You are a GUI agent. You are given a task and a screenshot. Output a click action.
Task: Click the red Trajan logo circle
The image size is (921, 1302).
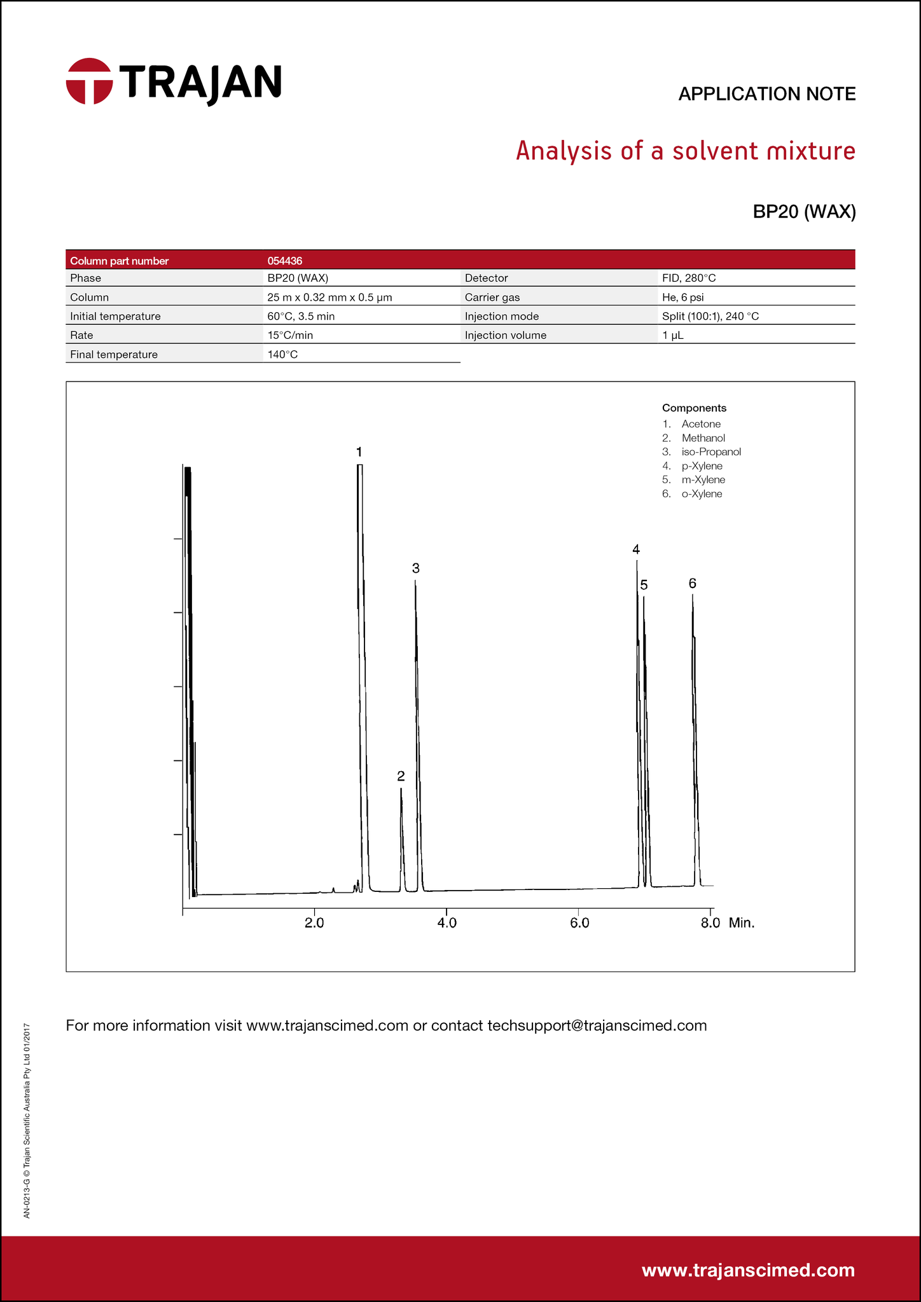tap(90, 81)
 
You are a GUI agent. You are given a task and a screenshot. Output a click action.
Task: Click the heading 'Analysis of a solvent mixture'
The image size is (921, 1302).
tap(685, 151)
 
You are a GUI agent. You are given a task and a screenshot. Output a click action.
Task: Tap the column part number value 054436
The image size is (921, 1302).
tap(285, 261)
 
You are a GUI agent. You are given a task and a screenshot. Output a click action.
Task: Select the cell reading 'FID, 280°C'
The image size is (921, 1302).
tap(689, 278)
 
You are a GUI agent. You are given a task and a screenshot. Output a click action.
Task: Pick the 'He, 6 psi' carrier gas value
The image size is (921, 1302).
tap(682, 298)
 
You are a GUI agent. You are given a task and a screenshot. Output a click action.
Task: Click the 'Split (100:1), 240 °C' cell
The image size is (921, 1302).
tap(710, 317)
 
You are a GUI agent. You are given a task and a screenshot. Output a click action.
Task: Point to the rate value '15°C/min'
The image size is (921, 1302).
tap(290, 336)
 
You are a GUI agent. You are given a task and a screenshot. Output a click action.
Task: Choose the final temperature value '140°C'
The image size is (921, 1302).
tap(282, 355)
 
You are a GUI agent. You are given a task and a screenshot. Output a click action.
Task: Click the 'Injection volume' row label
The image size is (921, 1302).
tap(505, 336)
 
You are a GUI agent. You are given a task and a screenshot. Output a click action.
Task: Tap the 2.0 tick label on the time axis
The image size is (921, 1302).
tap(314, 923)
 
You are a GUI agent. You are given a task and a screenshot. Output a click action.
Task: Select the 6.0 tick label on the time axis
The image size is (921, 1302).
tap(579, 923)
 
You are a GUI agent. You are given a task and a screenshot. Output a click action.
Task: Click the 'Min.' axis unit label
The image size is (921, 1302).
tap(742, 923)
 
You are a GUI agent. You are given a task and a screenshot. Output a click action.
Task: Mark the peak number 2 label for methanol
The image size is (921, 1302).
tap(401, 776)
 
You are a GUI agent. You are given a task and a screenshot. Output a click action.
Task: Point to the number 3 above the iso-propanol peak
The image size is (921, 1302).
tap(415, 568)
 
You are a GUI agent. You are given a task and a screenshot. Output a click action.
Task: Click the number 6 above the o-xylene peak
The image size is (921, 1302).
tap(693, 584)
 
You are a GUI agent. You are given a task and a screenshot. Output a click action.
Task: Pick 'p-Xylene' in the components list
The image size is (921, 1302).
tap(702, 466)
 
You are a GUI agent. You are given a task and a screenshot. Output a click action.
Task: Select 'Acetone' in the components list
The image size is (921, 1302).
tap(701, 424)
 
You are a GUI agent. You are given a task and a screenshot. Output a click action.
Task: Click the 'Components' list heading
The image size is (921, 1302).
tap(694, 408)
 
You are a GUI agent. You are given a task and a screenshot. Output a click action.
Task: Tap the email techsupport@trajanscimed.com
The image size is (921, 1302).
tap(597, 1025)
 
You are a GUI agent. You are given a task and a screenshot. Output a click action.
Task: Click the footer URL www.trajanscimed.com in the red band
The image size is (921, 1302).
tap(748, 1270)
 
